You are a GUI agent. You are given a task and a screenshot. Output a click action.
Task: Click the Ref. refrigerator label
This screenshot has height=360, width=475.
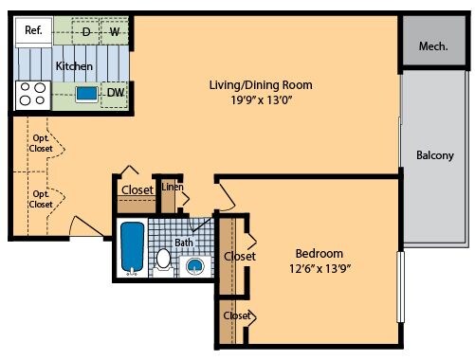coord(33,30)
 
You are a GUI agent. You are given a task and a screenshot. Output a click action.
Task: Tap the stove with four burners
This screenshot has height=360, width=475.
coord(33,96)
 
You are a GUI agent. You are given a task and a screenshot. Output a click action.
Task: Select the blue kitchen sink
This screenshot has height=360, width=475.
coord(86,94)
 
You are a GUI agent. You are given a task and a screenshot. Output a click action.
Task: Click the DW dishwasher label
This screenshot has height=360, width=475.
coord(116,93)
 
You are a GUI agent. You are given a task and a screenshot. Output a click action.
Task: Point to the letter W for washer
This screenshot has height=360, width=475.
coord(115,31)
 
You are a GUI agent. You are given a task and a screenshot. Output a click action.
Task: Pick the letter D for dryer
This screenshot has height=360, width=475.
coord(86,31)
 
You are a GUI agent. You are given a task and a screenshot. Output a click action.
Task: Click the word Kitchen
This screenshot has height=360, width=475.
coord(74,66)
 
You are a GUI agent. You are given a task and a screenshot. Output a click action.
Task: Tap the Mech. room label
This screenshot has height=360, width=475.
coord(433,46)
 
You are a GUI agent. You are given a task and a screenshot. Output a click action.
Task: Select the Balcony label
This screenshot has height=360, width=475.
coord(435,155)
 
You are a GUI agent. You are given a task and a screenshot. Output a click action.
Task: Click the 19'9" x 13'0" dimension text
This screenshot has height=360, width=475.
coord(261,100)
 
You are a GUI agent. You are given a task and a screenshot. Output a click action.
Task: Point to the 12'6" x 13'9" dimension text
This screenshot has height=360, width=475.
coord(320,268)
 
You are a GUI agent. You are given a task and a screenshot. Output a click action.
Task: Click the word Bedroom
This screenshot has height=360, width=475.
coord(320,254)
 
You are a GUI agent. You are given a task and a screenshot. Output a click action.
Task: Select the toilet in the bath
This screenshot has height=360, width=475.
coord(163,260)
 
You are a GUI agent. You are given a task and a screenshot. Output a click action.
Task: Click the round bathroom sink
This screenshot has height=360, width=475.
coord(194,266)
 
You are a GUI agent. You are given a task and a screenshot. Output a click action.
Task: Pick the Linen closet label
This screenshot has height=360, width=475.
coord(173,187)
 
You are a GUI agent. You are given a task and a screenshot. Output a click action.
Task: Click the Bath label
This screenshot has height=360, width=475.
coord(184,243)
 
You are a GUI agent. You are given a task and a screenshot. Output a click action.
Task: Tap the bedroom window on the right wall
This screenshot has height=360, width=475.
coord(400,287)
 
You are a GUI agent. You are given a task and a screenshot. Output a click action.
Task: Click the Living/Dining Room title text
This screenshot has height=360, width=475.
coord(261,85)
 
